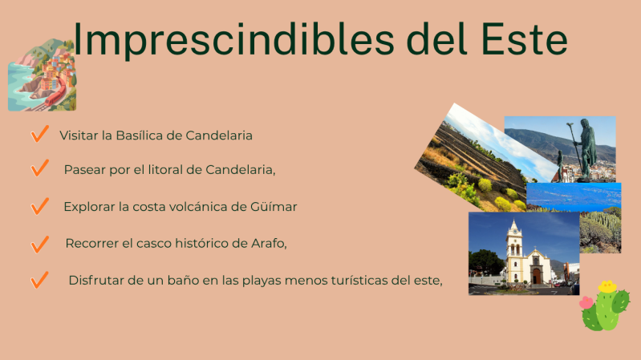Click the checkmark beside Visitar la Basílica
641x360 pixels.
[38, 134]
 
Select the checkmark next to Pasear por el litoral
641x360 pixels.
[39, 169]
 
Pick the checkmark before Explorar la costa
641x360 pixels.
[39, 206]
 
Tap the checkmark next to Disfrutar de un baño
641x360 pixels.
[39, 280]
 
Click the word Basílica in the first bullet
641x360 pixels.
[140, 136]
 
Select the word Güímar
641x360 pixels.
[274, 207]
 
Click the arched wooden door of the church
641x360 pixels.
[537, 276]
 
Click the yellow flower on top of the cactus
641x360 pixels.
[608, 285]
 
